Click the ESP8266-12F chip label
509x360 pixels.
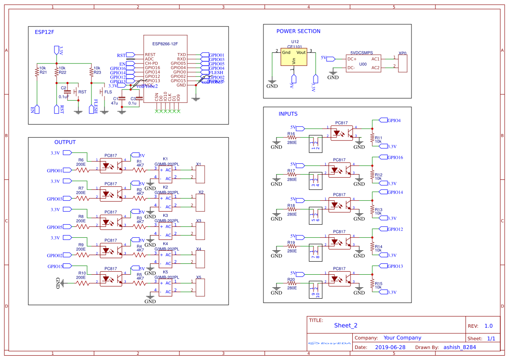pyautogui.click(x=165, y=44)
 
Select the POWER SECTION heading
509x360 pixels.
pyautogui.click(x=298, y=31)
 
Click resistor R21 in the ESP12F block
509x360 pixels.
pyautogui.click(x=37, y=72)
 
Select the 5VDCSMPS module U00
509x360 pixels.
pyautogui.click(x=363, y=64)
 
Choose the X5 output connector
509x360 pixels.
pyautogui.click(x=200, y=287)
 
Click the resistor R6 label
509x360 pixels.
pyautogui.click(x=81, y=160)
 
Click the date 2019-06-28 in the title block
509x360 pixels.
pyautogui.click(x=390, y=347)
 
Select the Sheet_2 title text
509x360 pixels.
pyautogui.click(x=346, y=325)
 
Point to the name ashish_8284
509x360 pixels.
pyautogui.click(x=459, y=347)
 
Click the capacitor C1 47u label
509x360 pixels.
pyautogui.click(x=115, y=101)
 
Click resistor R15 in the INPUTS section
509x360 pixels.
pyautogui.click(x=372, y=284)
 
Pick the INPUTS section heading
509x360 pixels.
pyautogui.click(x=288, y=114)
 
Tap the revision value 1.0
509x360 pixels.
pyautogui.click(x=489, y=326)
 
